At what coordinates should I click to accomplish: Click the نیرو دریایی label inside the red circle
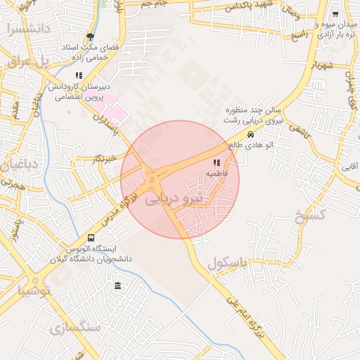[172, 200]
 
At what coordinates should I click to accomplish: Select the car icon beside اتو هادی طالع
[250, 134]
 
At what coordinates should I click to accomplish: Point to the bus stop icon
[91, 238]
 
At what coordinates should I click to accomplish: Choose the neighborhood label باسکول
[229, 264]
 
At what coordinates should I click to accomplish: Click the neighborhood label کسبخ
[310, 215]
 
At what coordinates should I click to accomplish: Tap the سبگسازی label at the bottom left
[75, 328]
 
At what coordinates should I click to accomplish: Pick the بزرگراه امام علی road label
[244, 319]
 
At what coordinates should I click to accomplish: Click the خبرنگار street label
[105, 159]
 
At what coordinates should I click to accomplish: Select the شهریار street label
[314, 65]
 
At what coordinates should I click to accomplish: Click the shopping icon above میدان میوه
[335, 14]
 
